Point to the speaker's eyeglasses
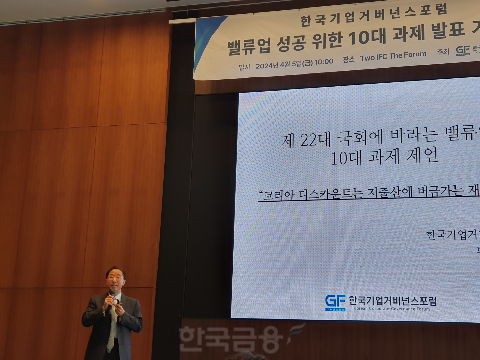click(115, 277)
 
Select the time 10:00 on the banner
click(324, 62)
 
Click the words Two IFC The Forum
click(393, 56)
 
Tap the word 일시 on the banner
click(244, 67)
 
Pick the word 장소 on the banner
click(349, 59)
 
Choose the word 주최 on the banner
click(443, 52)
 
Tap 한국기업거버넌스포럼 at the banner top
click(374, 15)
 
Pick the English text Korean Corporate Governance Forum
click(392, 309)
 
